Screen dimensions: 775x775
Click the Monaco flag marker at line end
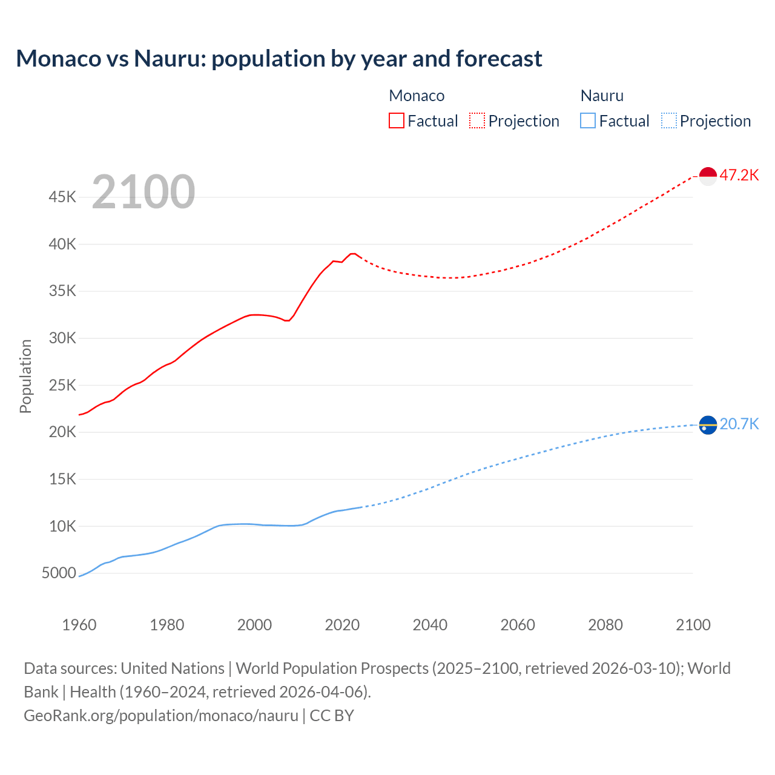(708, 176)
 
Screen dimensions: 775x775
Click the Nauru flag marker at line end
(708, 425)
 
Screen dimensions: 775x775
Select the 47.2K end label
(739, 176)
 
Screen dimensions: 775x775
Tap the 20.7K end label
(739, 424)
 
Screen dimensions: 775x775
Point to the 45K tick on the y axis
(63, 197)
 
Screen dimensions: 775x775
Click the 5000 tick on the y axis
(59, 573)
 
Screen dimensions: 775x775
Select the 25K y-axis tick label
(63, 386)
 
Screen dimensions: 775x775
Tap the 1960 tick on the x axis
(79, 625)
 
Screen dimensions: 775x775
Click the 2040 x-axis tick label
(430, 625)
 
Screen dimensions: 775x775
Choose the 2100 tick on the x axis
(693, 625)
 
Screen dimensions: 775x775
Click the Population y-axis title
(25, 376)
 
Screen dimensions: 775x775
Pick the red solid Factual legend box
(397, 120)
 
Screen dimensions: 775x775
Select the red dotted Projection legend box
(477, 120)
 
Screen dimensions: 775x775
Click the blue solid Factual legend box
(588, 120)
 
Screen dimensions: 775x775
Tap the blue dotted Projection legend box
(668, 120)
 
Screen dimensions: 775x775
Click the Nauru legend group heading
(602, 96)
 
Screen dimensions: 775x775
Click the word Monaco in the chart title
(59, 59)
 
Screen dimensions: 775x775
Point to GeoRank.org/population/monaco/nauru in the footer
(161, 716)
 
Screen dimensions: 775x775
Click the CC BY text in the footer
(332, 716)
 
